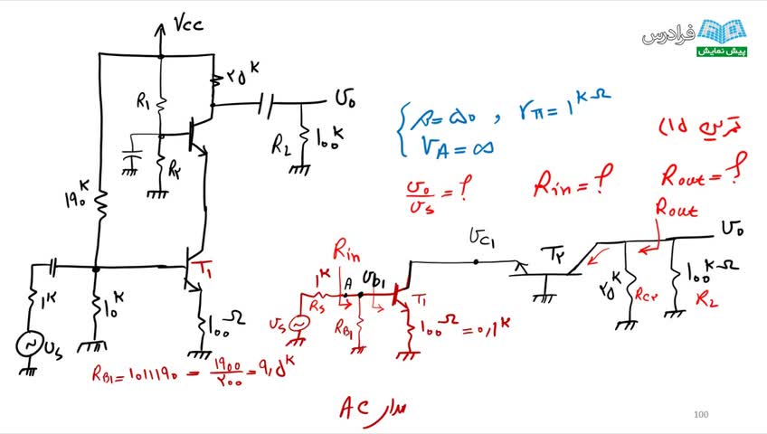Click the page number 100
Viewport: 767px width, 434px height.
pos(700,415)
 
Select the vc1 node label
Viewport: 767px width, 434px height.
pos(481,237)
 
